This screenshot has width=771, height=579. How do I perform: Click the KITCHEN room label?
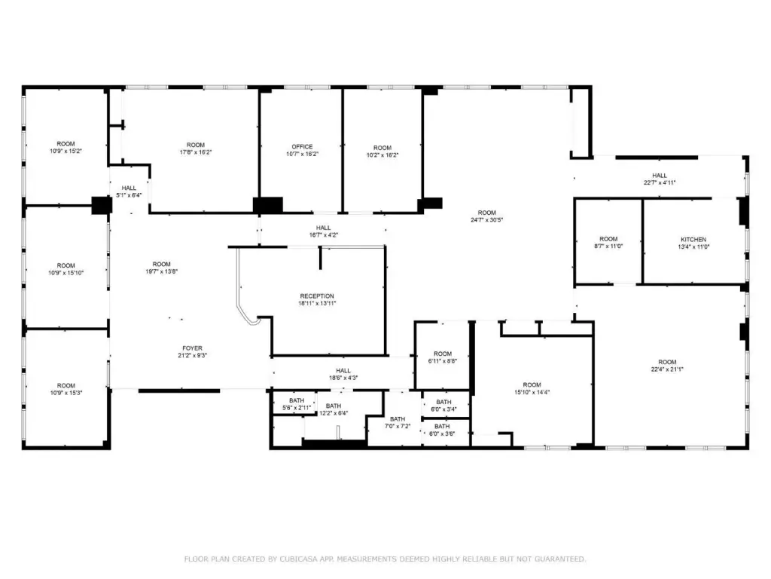693,239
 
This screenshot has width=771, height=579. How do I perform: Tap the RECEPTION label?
317,296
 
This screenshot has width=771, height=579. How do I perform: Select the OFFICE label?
302,147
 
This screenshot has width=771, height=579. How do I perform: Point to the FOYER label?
192,348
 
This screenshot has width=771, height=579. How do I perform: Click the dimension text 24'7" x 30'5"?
487,220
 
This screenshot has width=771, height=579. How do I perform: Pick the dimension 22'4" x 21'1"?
667,369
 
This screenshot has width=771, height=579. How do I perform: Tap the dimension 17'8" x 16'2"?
196,152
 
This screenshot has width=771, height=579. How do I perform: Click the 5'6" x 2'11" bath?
296,404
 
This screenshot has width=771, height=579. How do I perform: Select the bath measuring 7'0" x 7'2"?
398,422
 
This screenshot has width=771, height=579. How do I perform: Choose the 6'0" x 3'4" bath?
443,405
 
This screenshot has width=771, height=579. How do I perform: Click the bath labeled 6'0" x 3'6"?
442,430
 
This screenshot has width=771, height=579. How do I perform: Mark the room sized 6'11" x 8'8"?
443,357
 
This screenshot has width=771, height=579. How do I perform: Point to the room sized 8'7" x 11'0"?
608,242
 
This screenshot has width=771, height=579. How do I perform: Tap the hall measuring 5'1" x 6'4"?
129,191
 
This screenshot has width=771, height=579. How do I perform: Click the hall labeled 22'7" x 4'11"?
660,179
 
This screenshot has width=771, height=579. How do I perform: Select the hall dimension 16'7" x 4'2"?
323,235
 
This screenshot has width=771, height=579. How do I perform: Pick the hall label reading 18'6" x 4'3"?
343,378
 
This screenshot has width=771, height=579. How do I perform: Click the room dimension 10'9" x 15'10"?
66,273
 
